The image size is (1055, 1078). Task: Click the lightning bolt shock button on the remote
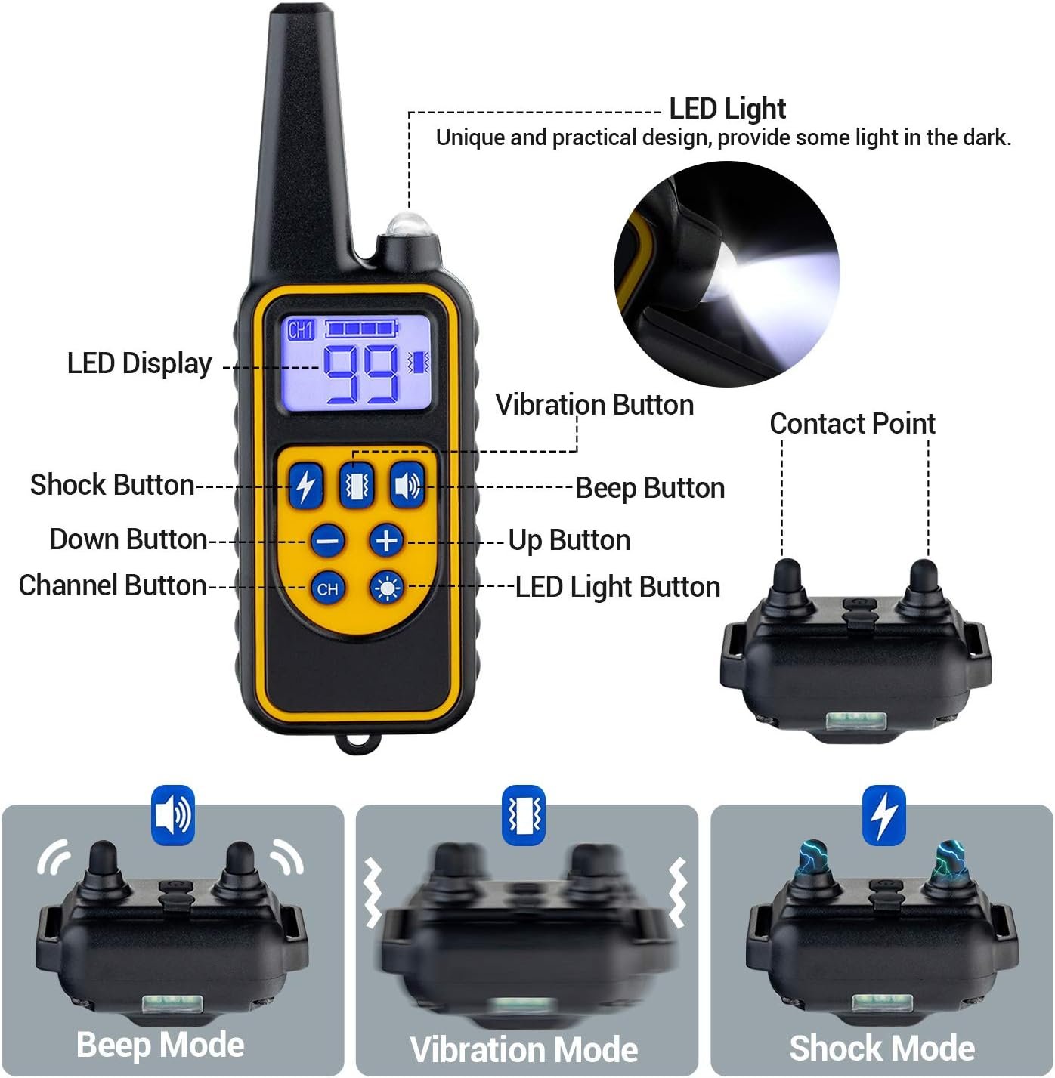pyautogui.click(x=305, y=486)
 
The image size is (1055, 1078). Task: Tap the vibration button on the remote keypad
pyautogui.click(x=356, y=486)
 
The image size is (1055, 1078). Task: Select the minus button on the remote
pyautogui.click(x=327, y=541)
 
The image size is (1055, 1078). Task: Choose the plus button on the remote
pyautogui.click(x=386, y=541)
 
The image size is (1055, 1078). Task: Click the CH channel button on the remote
pyautogui.click(x=327, y=588)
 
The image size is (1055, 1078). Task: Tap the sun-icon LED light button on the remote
pyautogui.click(x=386, y=588)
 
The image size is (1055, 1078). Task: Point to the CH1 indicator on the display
pyautogui.click(x=301, y=330)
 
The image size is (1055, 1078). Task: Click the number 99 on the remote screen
pyautogui.click(x=360, y=375)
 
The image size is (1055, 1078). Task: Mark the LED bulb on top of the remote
pyautogui.click(x=409, y=225)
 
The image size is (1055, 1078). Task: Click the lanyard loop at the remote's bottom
pyautogui.click(x=358, y=743)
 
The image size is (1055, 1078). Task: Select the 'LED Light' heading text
pyautogui.click(x=727, y=109)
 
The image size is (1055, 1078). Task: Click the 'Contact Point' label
pyautogui.click(x=852, y=424)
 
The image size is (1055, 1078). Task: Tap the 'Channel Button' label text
pyautogui.click(x=113, y=585)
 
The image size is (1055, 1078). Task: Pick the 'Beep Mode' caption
pyautogui.click(x=161, y=1046)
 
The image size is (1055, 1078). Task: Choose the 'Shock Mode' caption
pyautogui.click(x=882, y=1048)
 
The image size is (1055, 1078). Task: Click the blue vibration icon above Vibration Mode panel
pyautogui.click(x=524, y=815)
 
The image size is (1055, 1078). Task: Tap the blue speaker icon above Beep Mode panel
pyautogui.click(x=173, y=815)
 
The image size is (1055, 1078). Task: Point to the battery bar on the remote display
pyautogui.click(x=361, y=329)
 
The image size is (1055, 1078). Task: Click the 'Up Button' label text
pyautogui.click(x=570, y=541)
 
